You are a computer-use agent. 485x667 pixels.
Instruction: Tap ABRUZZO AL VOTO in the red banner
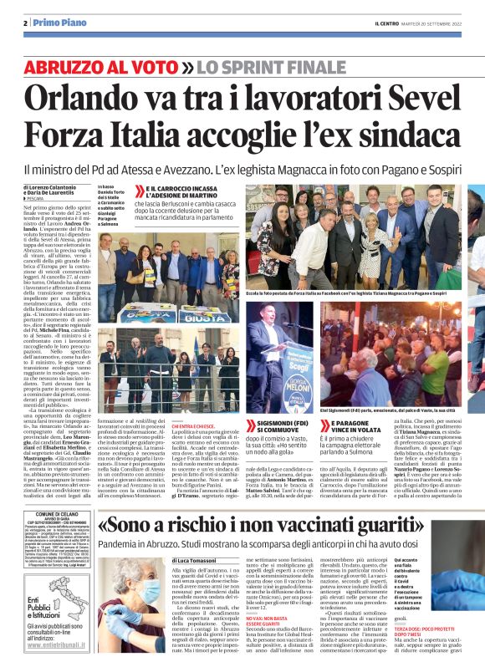tap(101, 67)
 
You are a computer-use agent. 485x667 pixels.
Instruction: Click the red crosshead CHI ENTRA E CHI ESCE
tap(195, 425)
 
